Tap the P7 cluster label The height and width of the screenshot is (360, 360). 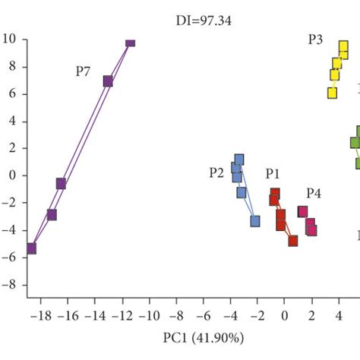coord(84,71)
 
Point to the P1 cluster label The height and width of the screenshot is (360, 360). coord(273,174)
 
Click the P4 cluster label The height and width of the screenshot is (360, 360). coord(314,193)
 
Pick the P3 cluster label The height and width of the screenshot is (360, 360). coord(316,39)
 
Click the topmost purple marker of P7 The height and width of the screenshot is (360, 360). coord(130,43)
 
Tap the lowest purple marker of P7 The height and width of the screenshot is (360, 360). coord(31,248)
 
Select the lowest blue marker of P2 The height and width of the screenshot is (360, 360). coord(255,221)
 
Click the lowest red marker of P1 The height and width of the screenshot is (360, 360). coord(293,241)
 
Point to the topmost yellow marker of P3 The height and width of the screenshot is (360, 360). coord(343,47)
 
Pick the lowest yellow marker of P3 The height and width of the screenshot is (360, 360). coord(332,93)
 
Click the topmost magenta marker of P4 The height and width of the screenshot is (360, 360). coord(302,212)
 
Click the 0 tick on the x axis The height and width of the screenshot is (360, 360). coord(284,314)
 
